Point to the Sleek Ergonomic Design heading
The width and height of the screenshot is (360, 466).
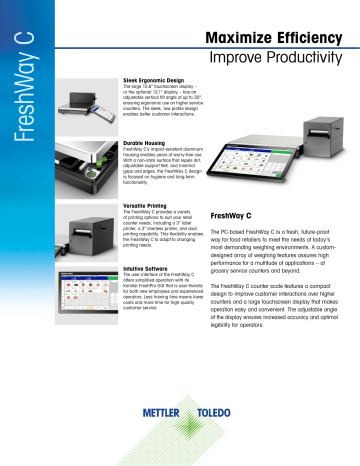[154, 77]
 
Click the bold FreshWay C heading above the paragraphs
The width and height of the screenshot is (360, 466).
[236, 214]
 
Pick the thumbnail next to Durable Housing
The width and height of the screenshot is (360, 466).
[82, 169]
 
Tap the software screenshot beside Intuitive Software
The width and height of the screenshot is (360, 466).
[82, 294]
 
